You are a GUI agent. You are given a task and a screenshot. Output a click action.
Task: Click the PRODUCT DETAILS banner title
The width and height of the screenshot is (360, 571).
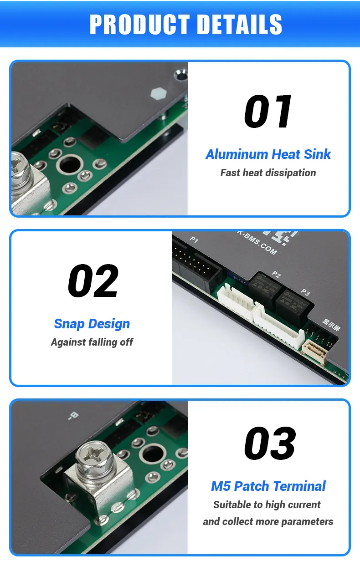pos(185,24)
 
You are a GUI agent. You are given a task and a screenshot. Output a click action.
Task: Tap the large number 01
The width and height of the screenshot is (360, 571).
pos(268,112)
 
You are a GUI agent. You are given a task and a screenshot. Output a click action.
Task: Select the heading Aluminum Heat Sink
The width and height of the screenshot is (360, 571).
pos(268,154)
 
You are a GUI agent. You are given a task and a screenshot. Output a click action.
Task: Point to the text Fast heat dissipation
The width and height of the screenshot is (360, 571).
pos(268,173)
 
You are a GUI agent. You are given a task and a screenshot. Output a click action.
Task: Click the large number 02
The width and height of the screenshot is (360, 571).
pos(93,281)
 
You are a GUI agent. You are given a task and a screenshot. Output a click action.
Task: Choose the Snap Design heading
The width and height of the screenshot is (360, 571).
pos(92,324)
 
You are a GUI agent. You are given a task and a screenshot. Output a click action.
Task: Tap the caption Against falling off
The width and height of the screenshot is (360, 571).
pos(92,342)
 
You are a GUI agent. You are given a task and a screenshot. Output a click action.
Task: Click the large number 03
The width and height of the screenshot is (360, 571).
pos(270,443)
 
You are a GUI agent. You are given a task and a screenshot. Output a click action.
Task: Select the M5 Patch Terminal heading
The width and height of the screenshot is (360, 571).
pos(268,486)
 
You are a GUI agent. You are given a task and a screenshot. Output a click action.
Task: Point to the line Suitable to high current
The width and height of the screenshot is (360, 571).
pos(267,505)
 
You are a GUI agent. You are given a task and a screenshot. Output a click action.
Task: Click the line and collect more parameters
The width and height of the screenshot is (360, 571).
pos(268,522)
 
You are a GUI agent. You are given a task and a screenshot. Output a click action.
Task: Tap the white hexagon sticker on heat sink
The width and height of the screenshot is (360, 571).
pos(157,94)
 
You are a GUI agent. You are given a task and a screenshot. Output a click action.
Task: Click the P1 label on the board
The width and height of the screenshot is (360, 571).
pos(194,240)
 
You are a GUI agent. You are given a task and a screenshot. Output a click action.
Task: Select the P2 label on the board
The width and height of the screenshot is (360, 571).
pos(276,274)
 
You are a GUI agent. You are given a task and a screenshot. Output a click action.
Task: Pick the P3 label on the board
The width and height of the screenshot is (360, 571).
pos(305,293)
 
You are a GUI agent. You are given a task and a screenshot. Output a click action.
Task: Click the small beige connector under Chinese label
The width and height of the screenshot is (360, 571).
pos(315,351)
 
